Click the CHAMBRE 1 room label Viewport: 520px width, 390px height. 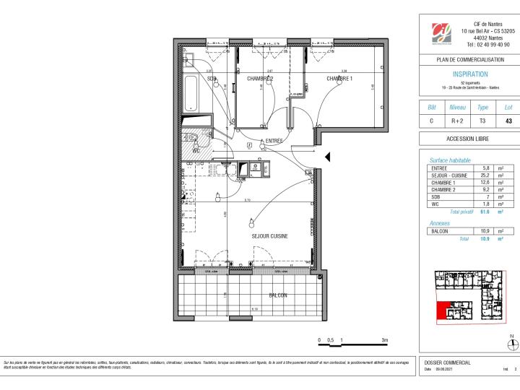tap(339, 78)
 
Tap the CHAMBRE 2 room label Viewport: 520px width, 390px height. tap(260, 78)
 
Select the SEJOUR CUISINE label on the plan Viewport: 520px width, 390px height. tap(270, 236)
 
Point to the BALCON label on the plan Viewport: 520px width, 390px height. tap(278, 295)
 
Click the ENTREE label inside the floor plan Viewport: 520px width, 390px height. tap(274, 141)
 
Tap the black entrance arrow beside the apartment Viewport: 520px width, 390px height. tap(327, 157)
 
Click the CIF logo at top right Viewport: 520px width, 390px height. tap(441, 34)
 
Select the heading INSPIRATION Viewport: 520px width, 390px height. tap(469, 74)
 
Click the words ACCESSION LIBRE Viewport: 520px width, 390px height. tap(469, 138)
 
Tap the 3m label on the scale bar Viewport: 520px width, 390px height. tap(384, 339)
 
